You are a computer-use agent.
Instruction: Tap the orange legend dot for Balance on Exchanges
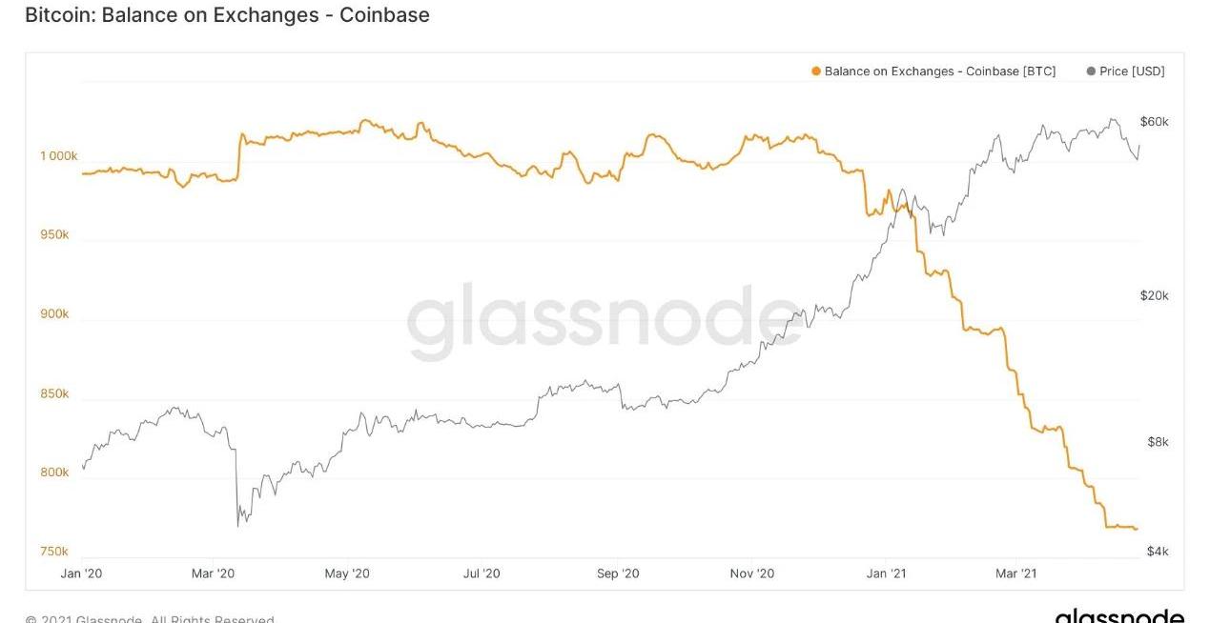pyautogui.click(x=815, y=71)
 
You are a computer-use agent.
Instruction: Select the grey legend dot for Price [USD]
pyautogui.click(x=1090, y=71)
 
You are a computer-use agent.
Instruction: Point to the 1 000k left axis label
pyautogui.click(x=58, y=155)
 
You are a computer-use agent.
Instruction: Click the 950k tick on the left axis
pyautogui.click(x=53, y=234)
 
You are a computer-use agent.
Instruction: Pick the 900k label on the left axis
pyautogui.click(x=53, y=313)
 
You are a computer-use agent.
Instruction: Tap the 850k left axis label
pyautogui.click(x=53, y=393)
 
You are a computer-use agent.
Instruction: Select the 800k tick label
pyautogui.click(x=53, y=472)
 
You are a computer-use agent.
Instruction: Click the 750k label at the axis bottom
pyautogui.click(x=53, y=552)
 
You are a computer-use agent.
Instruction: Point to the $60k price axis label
pyautogui.click(x=1154, y=122)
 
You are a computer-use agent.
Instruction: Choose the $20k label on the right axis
pyautogui.click(x=1154, y=295)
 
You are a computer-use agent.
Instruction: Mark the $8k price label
pyautogui.click(x=1157, y=442)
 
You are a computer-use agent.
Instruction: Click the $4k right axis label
pyautogui.click(x=1157, y=552)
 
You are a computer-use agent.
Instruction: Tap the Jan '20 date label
pyautogui.click(x=81, y=573)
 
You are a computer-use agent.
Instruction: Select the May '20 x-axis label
pyautogui.click(x=347, y=573)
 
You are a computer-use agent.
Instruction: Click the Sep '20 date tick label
pyautogui.click(x=618, y=573)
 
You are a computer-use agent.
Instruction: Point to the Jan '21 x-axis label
pyautogui.click(x=886, y=573)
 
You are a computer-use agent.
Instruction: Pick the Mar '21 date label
pyautogui.click(x=1015, y=573)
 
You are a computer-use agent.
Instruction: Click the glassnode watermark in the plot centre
pyautogui.click(x=605, y=321)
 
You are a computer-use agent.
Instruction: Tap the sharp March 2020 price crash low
pyautogui.click(x=237, y=525)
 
